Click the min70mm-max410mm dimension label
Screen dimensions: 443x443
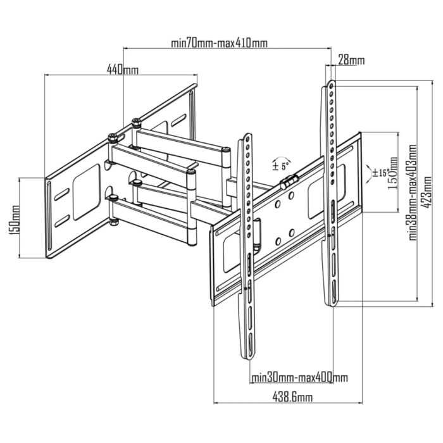(x=219, y=44)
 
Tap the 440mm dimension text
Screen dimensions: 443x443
(x=122, y=70)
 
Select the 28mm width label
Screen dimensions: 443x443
(x=351, y=61)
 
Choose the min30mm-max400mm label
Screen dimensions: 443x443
(x=299, y=378)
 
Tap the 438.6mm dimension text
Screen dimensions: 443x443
(x=291, y=397)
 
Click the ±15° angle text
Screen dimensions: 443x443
(x=380, y=172)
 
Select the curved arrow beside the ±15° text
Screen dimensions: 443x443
(x=370, y=172)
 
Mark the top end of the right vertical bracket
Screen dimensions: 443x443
(x=331, y=84)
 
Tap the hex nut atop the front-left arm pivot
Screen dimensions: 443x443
(x=112, y=137)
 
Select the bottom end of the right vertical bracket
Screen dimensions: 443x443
(x=331, y=302)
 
